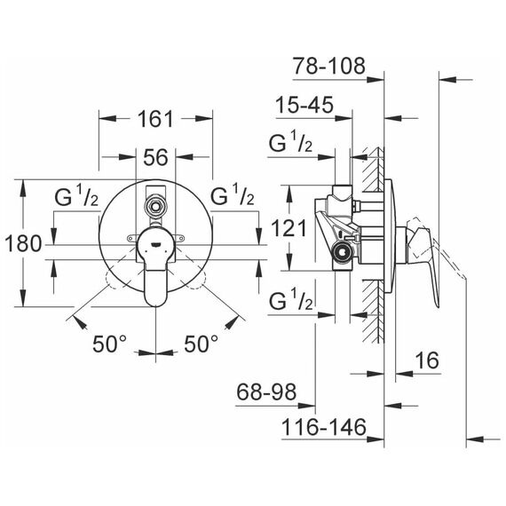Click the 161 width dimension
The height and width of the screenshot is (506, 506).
pos(155,119)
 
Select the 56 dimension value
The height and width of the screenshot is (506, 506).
pos(155,157)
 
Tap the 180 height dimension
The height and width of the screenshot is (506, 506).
pos(24,243)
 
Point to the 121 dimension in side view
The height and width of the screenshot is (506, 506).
pos(289,228)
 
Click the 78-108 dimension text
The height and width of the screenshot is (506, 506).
pos(329,66)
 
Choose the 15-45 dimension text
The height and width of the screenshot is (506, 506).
pos(304,105)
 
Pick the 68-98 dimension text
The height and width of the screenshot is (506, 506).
pos(266,392)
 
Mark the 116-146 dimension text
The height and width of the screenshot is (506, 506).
pos(324,427)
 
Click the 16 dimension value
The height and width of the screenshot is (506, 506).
pos(427,360)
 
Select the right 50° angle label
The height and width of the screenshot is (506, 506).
pos(201,344)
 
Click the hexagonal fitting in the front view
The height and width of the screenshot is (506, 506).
pos(155,204)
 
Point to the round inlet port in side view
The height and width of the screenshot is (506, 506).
pos(343,251)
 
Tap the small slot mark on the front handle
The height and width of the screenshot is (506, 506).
pos(155,245)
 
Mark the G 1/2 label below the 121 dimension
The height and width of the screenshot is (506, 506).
pos(291,300)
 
